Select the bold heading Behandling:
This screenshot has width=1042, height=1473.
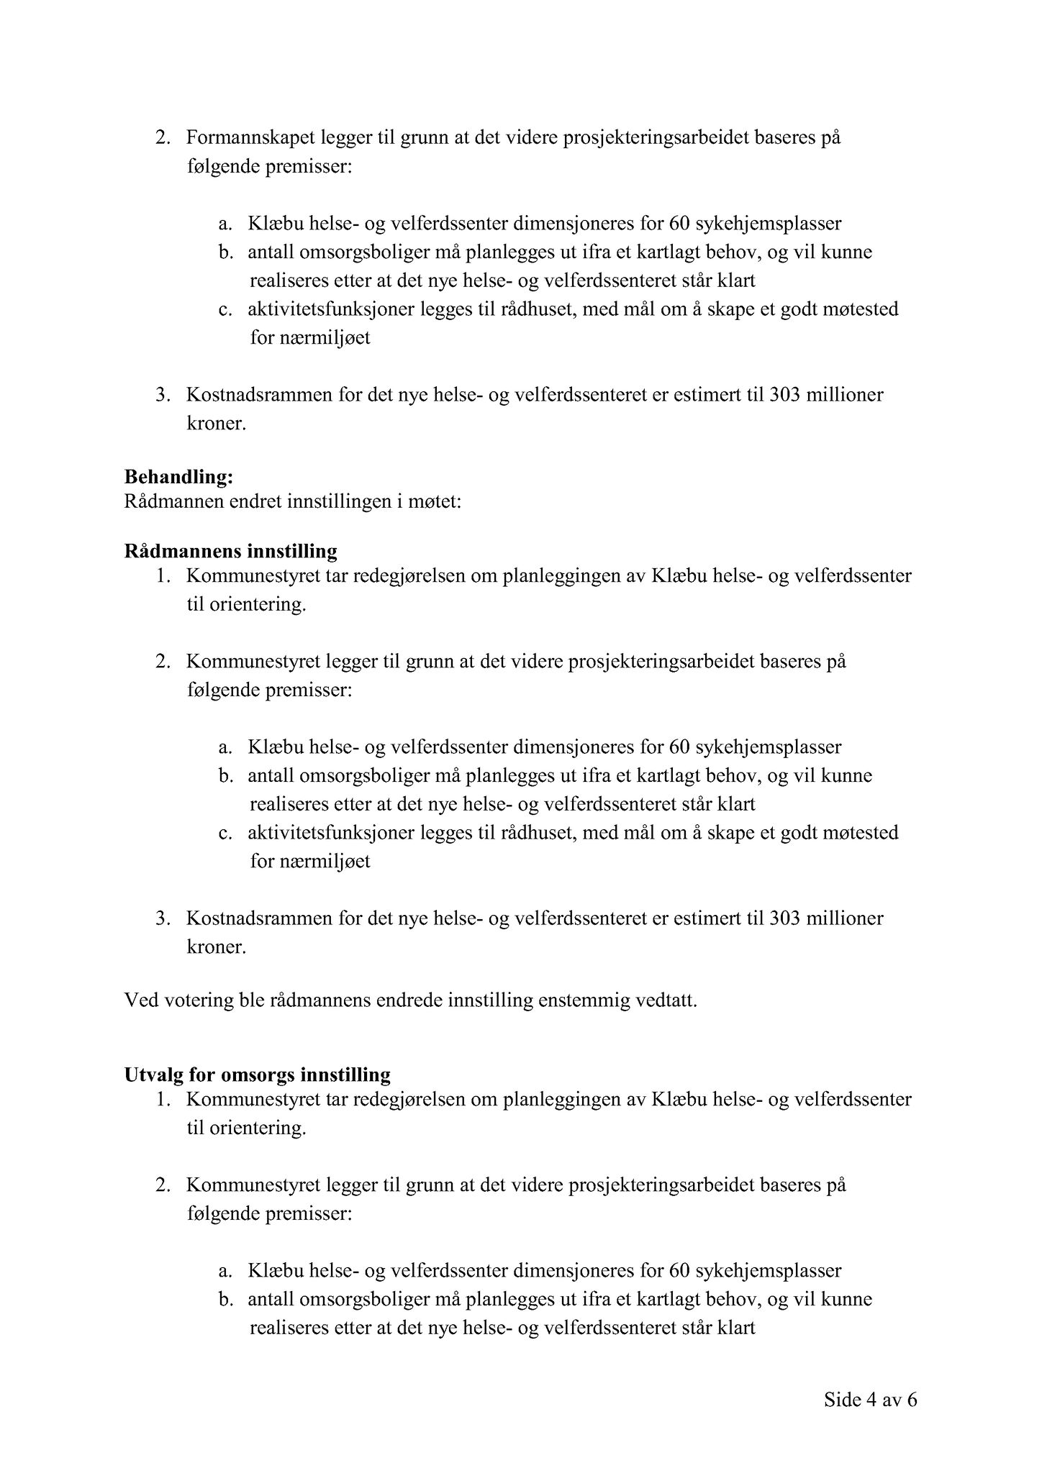click(x=178, y=476)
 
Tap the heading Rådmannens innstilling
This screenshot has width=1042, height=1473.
click(x=230, y=552)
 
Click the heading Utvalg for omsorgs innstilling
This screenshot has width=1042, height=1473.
click(x=257, y=1075)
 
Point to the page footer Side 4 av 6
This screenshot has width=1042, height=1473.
click(x=871, y=1400)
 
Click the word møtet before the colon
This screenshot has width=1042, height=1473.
click(x=434, y=501)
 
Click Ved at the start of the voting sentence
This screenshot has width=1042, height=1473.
click(x=140, y=1000)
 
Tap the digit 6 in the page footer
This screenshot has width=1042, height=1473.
click(x=912, y=1400)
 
